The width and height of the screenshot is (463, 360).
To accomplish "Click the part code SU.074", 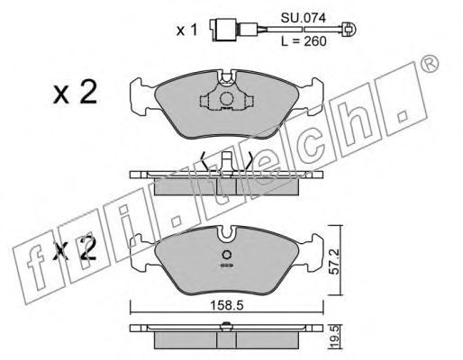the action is (x=303, y=19).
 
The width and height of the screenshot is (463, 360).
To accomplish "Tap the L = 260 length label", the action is (x=304, y=41).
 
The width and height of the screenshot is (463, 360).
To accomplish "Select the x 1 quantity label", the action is (x=186, y=31).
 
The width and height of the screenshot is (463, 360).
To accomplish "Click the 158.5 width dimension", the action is (x=226, y=306).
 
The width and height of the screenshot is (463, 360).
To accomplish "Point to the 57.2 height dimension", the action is (x=334, y=261).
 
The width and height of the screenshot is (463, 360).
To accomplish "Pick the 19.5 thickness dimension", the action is (x=335, y=337).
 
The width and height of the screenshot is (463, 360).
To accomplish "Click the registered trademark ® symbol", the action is (x=430, y=64).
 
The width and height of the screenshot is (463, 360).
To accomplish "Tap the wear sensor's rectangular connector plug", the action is (x=224, y=30).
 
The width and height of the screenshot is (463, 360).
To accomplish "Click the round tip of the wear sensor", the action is (x=350, y=30).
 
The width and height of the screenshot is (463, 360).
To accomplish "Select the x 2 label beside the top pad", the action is (x=75, y=93).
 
